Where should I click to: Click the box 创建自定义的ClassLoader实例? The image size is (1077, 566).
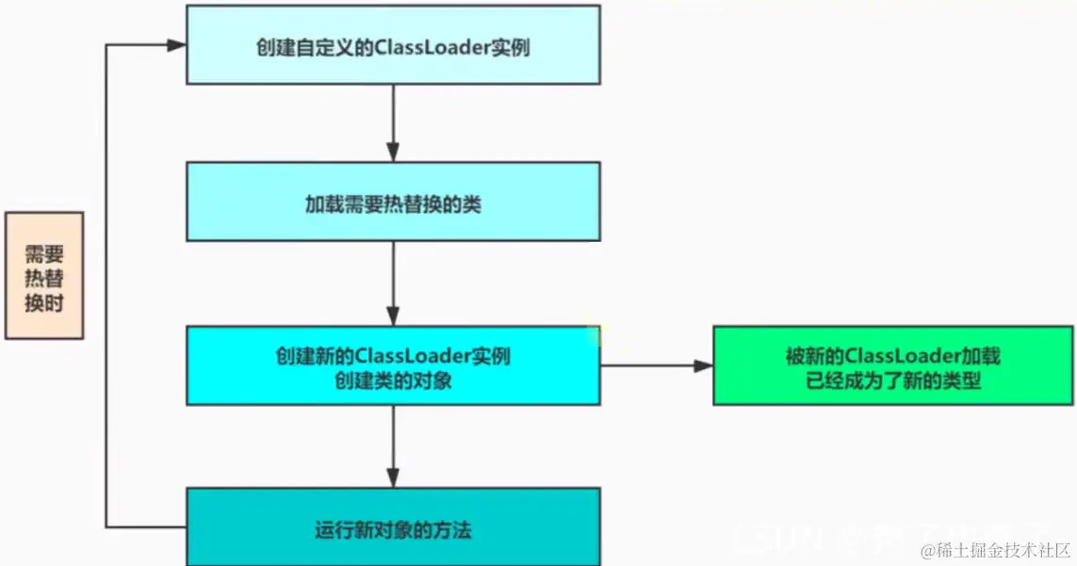coord(392,45)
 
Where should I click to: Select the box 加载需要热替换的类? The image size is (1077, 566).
coord(392,202)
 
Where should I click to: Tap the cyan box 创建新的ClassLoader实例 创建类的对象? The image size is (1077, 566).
coord(392,365)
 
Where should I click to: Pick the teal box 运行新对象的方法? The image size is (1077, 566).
coord(392,527)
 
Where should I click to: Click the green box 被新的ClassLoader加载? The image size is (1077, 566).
coord(892,365)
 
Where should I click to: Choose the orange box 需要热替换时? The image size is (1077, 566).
coord(44,275)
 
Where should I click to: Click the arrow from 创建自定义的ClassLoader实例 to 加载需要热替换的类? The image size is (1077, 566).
coord(392,122)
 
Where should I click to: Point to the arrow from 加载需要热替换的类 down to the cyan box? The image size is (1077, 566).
coord(392,283)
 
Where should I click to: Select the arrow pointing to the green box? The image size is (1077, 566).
coord(656,365)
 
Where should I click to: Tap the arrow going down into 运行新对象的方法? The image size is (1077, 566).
coord(392,446)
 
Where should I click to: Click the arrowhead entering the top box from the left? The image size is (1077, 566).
coord(175,45)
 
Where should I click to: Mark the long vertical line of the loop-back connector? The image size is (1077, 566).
coord(107,283)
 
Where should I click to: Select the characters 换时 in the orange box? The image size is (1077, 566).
coord(44,302)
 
